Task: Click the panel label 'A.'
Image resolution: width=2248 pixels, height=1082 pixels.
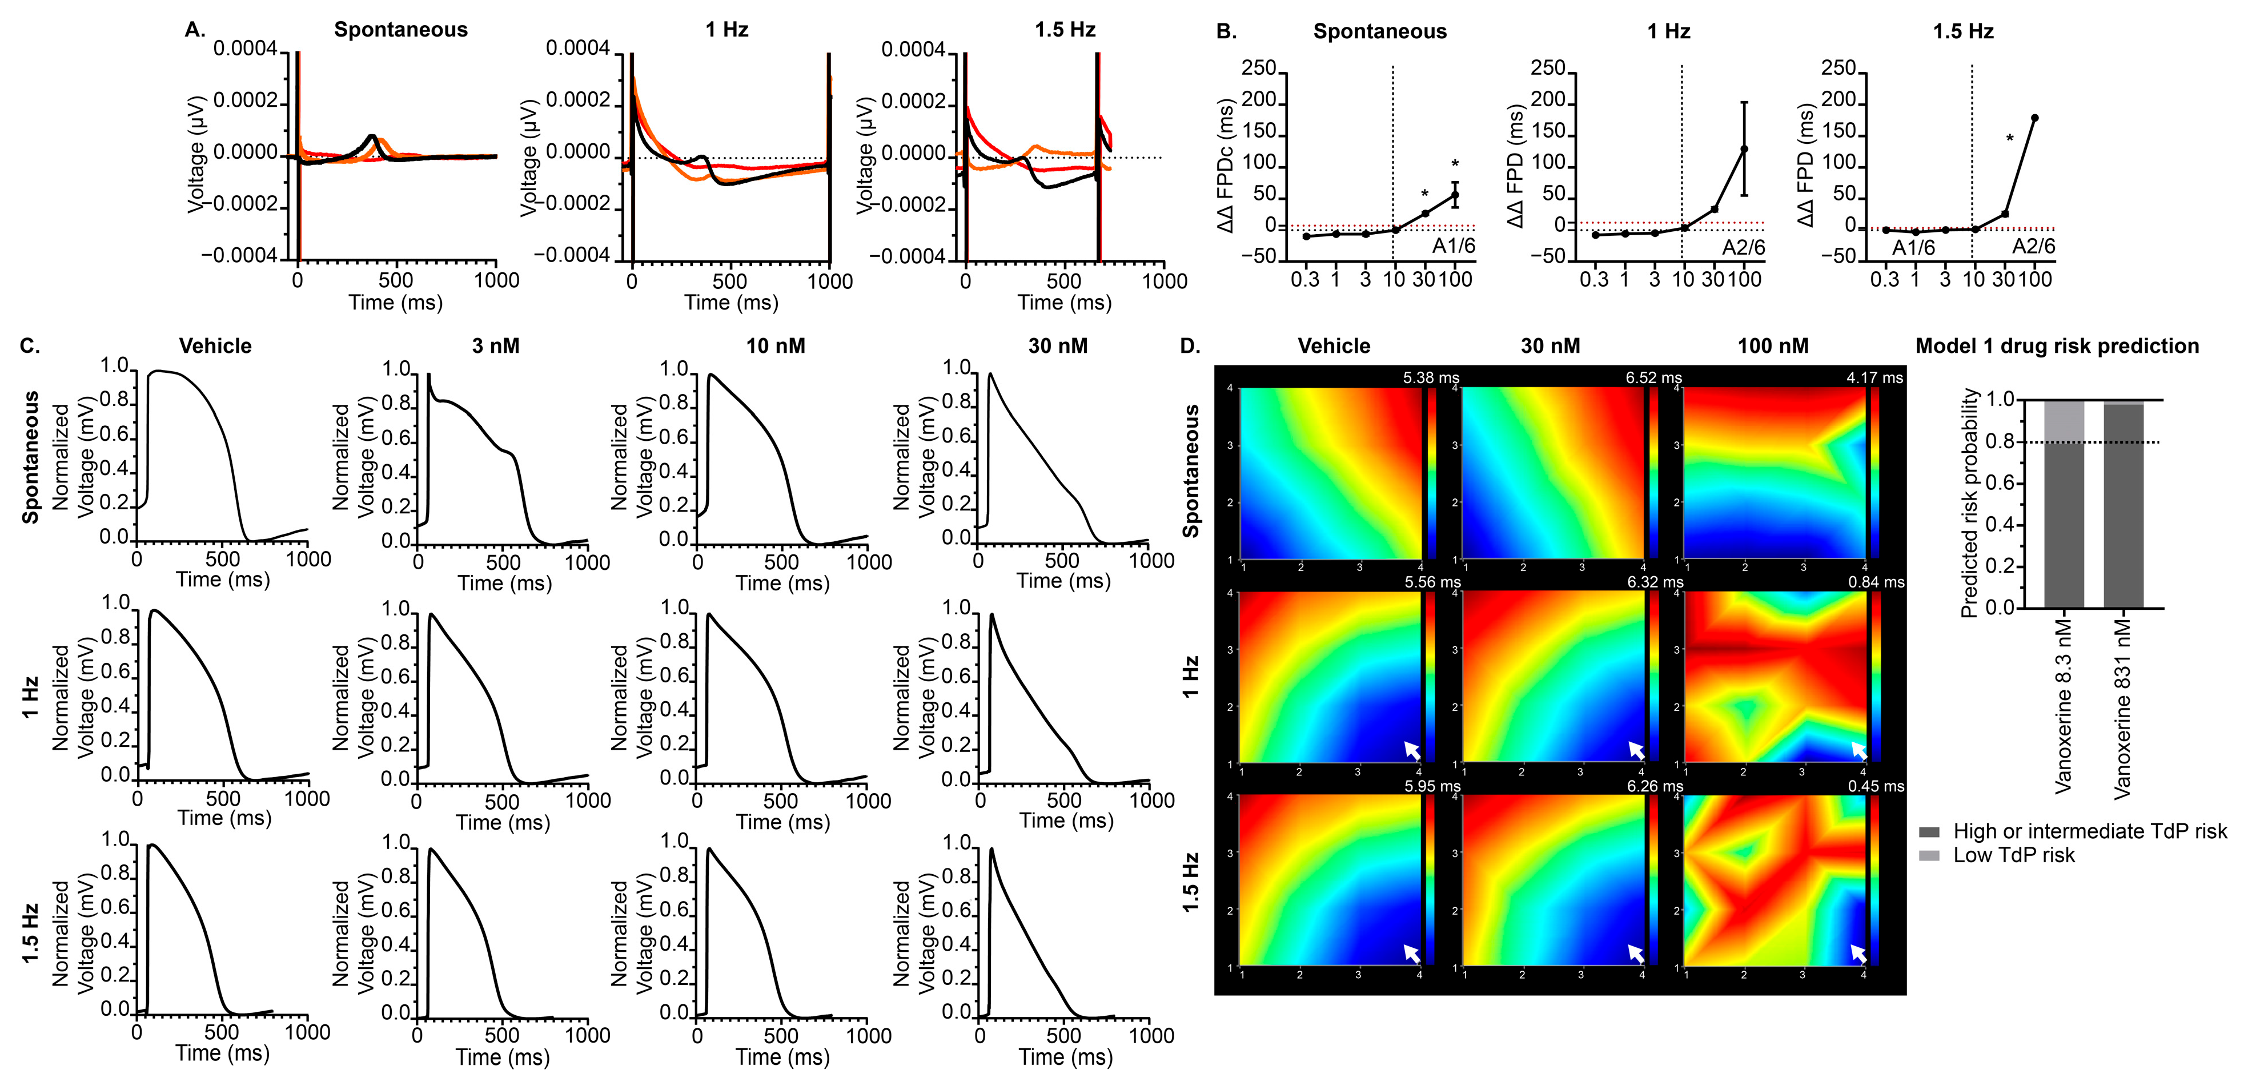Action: (x=195, y=30)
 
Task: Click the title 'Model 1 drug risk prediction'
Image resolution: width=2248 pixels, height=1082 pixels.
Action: (x=2056, y=347)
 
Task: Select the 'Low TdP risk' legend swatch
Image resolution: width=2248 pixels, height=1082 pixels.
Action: (x=1929, y=856)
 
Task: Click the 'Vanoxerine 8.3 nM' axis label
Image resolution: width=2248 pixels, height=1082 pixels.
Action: (x=2063, y=707)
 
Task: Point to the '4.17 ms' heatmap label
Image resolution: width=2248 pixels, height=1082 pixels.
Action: (x=1874, y=378)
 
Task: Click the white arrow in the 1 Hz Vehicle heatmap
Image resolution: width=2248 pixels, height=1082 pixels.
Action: (x=1411, y=750)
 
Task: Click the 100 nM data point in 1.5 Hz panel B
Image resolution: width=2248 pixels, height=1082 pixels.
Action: (x=2034, y=118)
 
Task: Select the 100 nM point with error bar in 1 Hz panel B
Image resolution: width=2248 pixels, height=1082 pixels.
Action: (x=1744, y=149)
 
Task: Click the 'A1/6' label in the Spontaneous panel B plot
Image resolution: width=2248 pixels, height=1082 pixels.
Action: (x=1453, y=247)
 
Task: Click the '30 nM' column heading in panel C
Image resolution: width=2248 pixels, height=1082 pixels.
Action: (x=1058, y=347)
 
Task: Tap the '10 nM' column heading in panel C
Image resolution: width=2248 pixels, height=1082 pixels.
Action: (x=775, y=347)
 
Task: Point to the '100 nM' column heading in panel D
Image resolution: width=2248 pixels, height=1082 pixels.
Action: (x=1772, y=347)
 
